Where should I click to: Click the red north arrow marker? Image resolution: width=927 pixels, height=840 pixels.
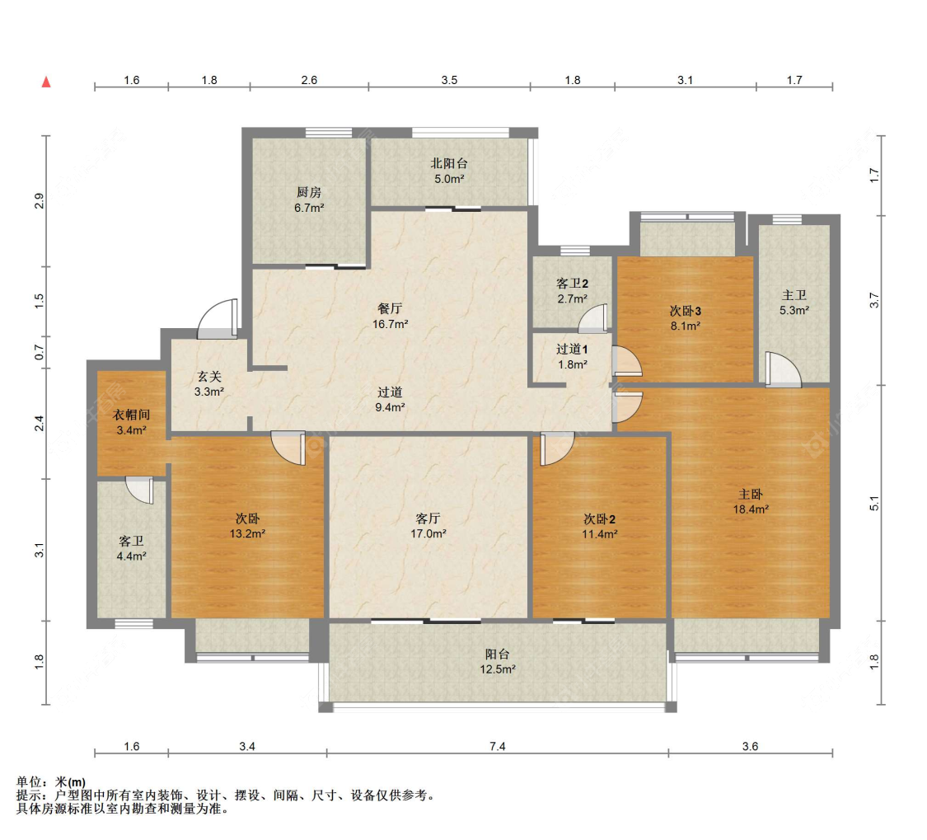(x=46, y=82)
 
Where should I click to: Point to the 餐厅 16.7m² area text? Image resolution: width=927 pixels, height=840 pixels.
(x=391, y=316)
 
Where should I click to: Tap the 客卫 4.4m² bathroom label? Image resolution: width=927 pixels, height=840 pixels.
(x=131, y=548)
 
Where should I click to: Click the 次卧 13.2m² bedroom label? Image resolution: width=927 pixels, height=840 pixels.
(x=247, y=526)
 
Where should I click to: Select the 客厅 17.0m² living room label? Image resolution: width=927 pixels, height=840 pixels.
(x=428, y=526)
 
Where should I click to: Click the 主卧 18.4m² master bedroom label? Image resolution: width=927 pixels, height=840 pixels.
(x=751, y=502)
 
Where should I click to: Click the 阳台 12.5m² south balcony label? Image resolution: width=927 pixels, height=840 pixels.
(x=497, y=661)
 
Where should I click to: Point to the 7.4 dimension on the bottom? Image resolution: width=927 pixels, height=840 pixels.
(x=497, y=747)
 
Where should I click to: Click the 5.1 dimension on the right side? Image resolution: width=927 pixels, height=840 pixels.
(x=874, y=503)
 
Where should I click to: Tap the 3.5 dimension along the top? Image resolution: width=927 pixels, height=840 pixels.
(x=449, y=80)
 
